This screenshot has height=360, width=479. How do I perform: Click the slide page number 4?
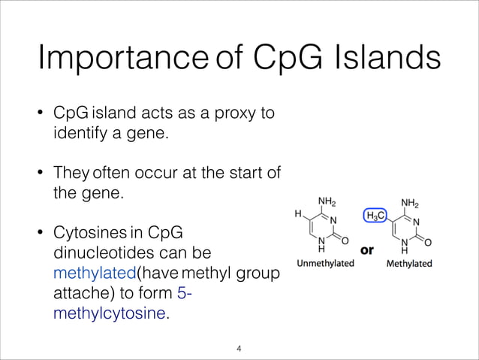point(239,348)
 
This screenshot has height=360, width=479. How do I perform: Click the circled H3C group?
point(375,216)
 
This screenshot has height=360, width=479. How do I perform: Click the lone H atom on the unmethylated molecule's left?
point(297,214)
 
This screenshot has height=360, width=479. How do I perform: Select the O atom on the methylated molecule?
point(428,243)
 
